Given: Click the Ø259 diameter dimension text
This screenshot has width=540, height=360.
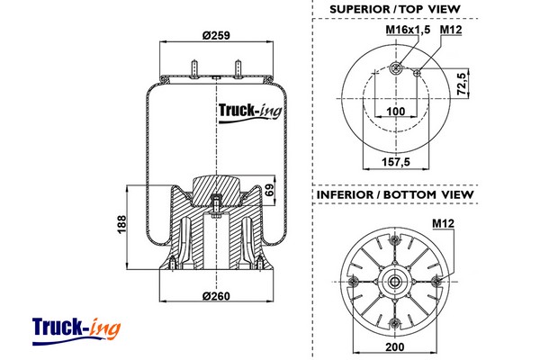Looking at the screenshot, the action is [216, 35].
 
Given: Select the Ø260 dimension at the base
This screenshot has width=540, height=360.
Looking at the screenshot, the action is [216, 296].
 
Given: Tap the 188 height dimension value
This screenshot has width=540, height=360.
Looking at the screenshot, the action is [121, 225].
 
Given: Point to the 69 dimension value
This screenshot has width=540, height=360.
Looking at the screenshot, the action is [270, 190].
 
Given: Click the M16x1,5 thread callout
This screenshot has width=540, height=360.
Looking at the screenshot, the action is [408, 30].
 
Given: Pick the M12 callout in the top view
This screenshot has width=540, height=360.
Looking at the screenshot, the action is [451, 30].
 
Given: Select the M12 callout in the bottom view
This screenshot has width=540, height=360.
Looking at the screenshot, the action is [444, 223].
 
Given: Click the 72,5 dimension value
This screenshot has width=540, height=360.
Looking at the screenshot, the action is [463, 84].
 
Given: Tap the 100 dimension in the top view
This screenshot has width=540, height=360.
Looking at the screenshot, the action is [396, 112].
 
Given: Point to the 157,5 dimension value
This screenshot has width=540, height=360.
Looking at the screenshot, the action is [396, 161].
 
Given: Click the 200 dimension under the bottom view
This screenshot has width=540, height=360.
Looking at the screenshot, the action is [395, 346].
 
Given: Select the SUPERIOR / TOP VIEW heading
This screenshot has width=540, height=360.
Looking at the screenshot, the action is [395, 9].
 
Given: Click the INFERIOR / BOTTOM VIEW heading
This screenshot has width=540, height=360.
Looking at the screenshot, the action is [395, 194].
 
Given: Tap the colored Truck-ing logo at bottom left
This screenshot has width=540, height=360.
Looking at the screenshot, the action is [76, 331].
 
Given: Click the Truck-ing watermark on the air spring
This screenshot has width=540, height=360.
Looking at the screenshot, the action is [250, 112].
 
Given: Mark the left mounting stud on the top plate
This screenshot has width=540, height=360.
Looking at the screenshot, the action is [195, 69].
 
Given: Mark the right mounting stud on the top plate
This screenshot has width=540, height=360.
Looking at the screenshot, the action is [238, 69].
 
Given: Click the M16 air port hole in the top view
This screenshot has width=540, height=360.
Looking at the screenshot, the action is [396, 68].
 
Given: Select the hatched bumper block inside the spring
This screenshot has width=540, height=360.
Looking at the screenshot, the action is [216, 190].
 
